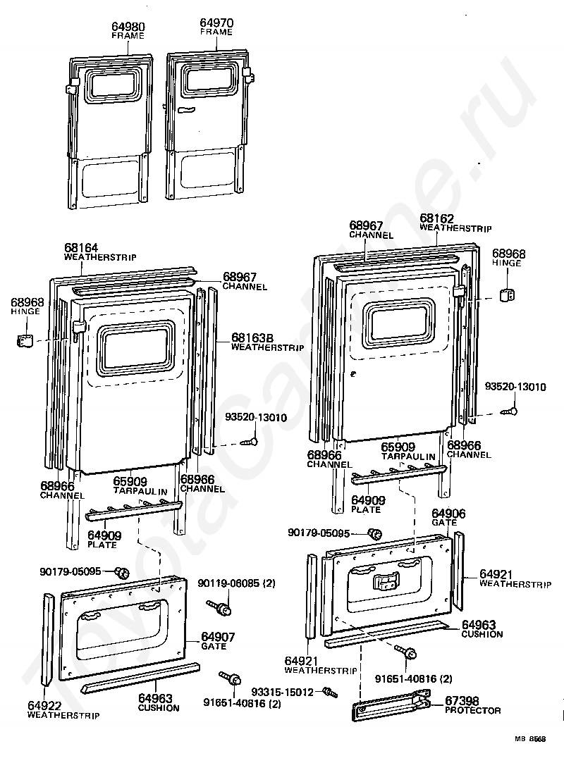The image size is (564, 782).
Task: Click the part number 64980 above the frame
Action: (128, 27)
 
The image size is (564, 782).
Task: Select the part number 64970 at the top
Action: (216, 23)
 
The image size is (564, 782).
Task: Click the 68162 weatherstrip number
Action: (436, 218)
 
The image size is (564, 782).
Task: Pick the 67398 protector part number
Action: (462, 701)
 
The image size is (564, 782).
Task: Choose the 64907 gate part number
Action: (218, 637)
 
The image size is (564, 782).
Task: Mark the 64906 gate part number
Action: (448, 514)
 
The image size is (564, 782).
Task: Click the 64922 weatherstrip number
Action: (44, 706)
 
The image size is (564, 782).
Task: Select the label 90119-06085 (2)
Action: (237, 583)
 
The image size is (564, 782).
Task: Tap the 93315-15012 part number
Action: (283, 692)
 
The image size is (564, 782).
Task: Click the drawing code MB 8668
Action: (530, 738)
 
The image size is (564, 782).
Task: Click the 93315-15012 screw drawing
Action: (331, 693)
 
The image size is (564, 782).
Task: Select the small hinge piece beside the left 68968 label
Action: (25, 342)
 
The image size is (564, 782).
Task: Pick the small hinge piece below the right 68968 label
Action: (507, 294)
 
